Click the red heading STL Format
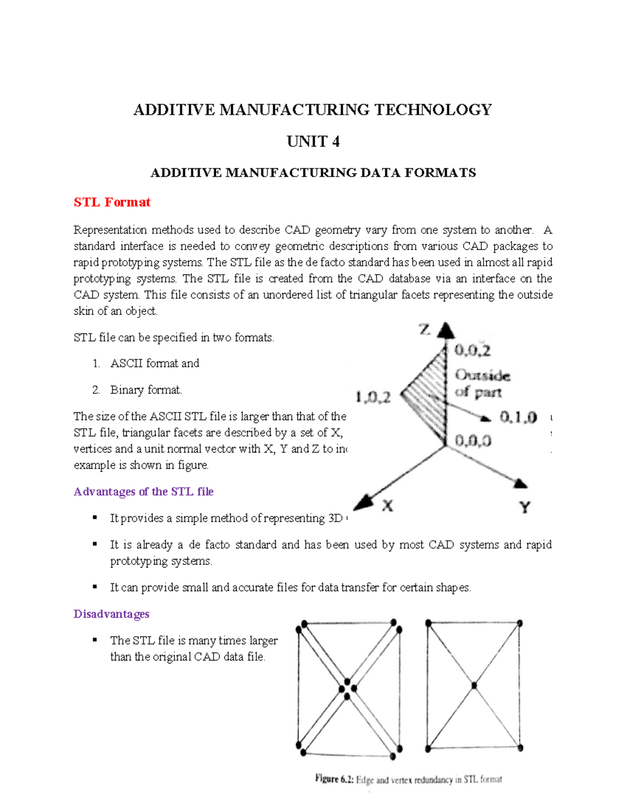click(112, 202)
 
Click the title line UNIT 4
click(313, 142)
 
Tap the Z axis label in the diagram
click(424, 330)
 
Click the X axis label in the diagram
click(387, 506)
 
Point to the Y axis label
click(525, 507)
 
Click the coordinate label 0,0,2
click(472, 350)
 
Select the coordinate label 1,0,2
click(373, 398)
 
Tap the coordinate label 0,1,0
click(518, 417)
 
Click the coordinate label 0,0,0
click(473, 441)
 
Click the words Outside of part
click(482, 383)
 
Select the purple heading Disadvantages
click(111, 614)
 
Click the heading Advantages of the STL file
click(144, 491)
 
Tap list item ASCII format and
click(155, 363)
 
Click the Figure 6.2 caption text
click(408, 779)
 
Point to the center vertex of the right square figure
click(474, 685)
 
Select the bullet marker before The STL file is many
click(95, 640)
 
